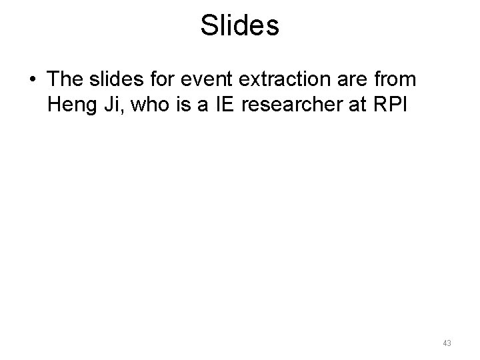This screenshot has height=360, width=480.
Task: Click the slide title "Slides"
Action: click(x=239, y=26)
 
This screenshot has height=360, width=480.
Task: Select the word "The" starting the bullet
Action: click(x=65, y=80)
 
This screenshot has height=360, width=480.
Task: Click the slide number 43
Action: click(x=447, y=343)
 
